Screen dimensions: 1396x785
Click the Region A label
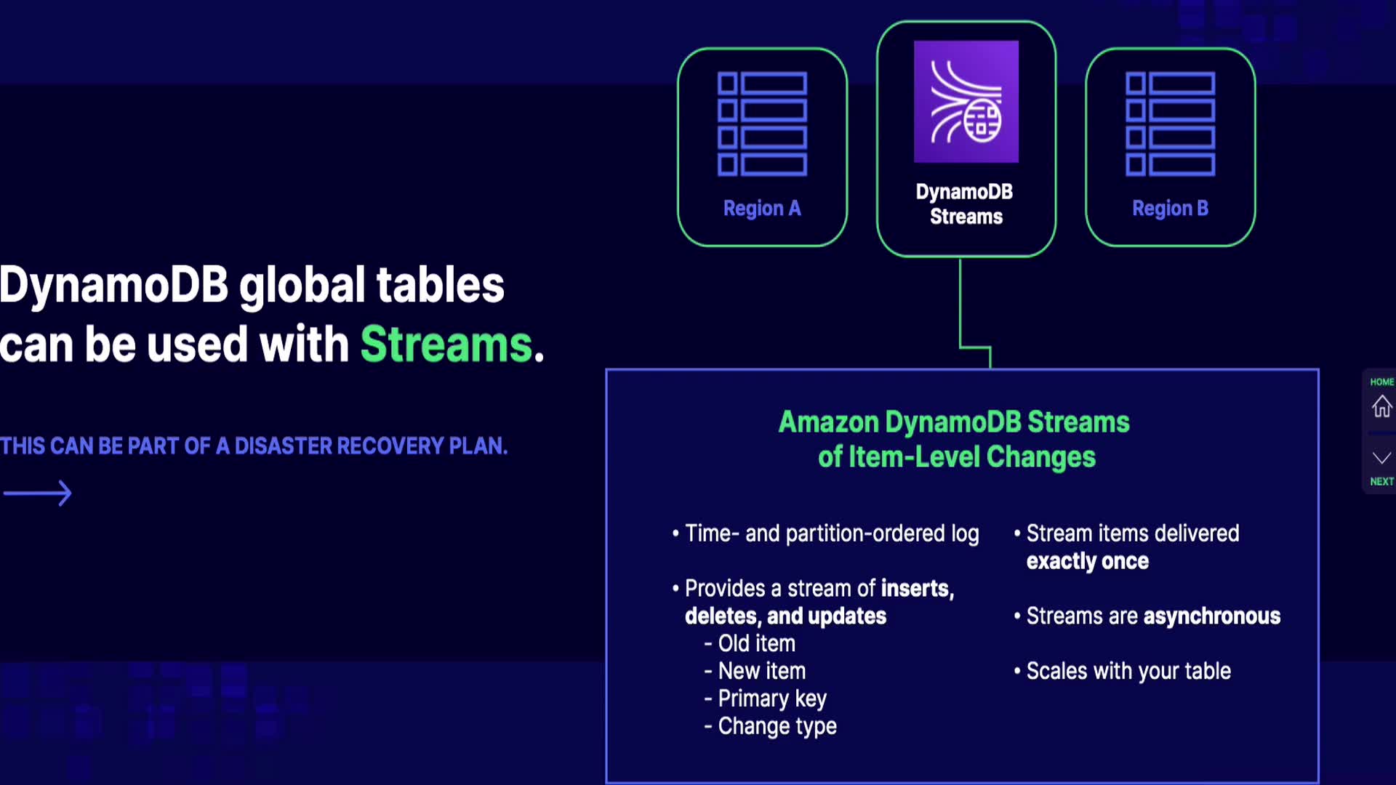click(762, 209)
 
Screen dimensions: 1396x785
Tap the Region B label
click(1170, 209)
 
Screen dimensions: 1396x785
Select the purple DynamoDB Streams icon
click(966, 102)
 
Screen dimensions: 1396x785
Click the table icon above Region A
click(762, 124)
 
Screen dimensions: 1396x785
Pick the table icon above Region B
click(1170, 124)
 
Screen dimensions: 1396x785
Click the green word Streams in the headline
click(446, 344)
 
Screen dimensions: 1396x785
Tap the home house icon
click(1381, 406)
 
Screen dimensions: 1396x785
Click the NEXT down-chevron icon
click(1381, 458)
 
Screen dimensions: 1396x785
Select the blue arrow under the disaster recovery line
click(38, 494)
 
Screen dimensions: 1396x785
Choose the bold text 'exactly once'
click(1087, 561)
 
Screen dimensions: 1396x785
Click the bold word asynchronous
click(1211, 616)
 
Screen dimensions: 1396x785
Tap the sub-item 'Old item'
click(756, 643)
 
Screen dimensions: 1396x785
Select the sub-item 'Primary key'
click(771, 699)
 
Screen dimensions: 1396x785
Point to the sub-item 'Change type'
click(777, 726)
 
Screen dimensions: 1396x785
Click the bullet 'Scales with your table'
click(1128, 671)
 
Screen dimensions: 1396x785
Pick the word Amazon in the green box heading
click(828, 422)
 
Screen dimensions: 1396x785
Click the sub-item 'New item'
click(761, 671)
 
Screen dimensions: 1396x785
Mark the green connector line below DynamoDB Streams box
click(960, 305)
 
